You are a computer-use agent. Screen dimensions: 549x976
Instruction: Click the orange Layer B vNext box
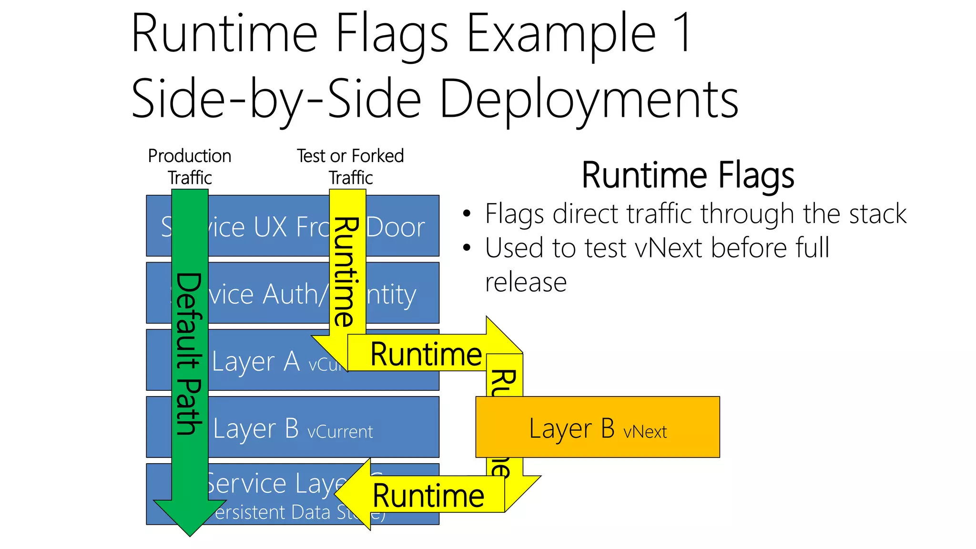coord(597,427)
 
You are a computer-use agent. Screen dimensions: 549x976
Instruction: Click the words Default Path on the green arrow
coord(189,354)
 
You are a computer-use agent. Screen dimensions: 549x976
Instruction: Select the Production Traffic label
coord(190,166)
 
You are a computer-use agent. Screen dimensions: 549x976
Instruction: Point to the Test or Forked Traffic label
coord(350,166)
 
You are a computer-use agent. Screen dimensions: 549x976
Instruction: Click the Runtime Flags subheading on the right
coord(688,175)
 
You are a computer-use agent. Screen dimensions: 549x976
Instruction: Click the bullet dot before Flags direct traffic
coord(467,213)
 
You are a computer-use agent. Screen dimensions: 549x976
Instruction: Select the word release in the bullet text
coord(526,282)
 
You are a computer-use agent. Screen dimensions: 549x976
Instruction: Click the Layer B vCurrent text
coord(293,428)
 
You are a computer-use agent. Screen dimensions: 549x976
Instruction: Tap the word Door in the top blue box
coord(395,227)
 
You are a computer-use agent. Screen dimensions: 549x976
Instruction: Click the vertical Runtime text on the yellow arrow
coord(346,272)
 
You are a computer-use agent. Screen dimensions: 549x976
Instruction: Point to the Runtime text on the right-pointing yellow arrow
coord(426,355)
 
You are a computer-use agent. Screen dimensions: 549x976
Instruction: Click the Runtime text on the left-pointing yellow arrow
coord(428,496)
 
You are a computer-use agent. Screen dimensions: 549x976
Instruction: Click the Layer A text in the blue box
coord(256,361)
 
